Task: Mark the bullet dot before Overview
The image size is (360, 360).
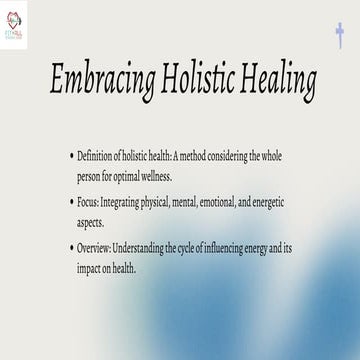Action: click(71, 247)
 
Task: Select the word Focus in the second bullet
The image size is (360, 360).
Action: click(89, 203)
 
